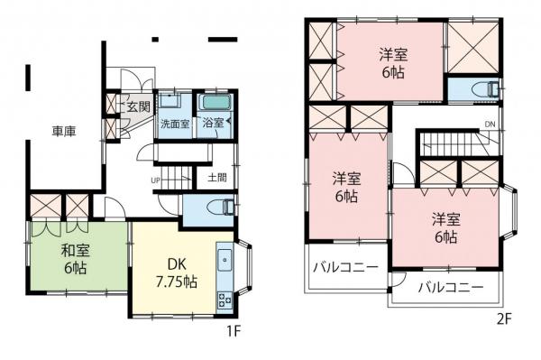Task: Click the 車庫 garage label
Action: pyautogui.click(x=63, y=132)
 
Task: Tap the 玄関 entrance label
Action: pyautogui.click(x=137, y=107)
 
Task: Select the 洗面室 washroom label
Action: pyautogui.click(x=175, y=124)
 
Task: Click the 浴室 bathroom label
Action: pyautogui.click(x=214, y=124)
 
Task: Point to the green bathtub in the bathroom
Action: pyautogui.click(x=215, y=102)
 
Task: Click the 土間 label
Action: pyautogui.click(x=216, y=178)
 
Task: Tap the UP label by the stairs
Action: pyautogui.click(x=156, y=180)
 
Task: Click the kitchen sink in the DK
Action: pyautogui.click(x=224, y=263)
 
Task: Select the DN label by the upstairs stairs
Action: pyautogui.click(x=490, y=125)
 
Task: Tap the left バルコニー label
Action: pyautogui.click(x=344, y=268)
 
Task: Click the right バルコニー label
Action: pyautogui.click(x=451, y=289)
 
